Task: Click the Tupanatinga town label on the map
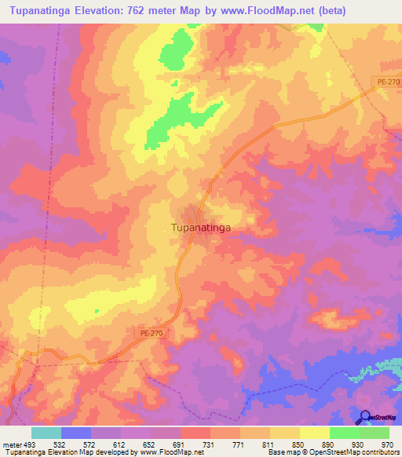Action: pyautogui.click(x=200, y=228)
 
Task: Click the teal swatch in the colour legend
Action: pyautogui.click(x=46, y=433)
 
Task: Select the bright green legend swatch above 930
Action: pyautogui.click(x=344, y=433)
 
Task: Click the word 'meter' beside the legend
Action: pyautogui.click(x=11, y=444)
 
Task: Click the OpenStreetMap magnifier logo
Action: pyautogui.click(x=363, y=417)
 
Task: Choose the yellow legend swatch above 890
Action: pyautogui.click(x=314, y=433)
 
